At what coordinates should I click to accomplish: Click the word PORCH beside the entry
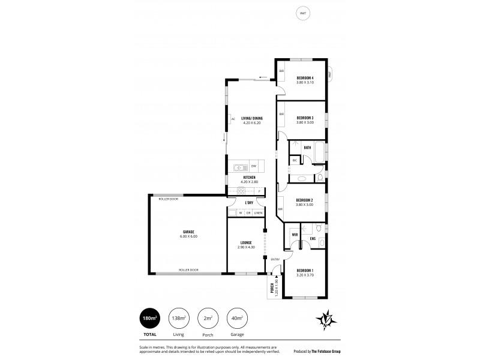272,288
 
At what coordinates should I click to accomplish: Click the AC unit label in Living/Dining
233,119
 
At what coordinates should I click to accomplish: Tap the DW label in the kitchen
253,166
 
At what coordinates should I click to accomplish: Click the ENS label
313,239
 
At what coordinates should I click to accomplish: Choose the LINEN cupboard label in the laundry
257,213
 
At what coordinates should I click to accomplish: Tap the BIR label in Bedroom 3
281,113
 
